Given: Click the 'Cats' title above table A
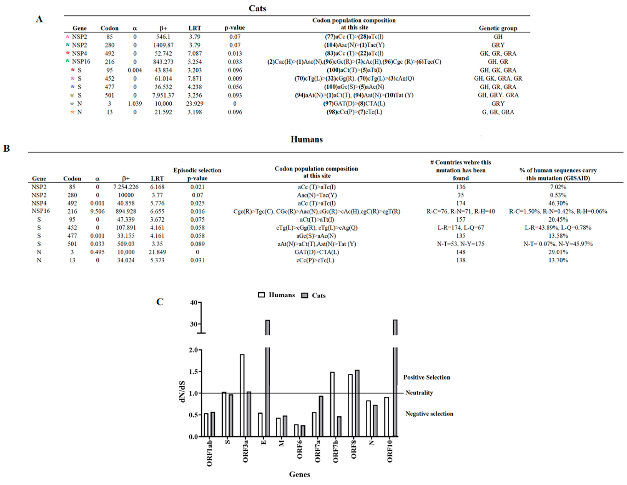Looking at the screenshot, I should coord(257,8).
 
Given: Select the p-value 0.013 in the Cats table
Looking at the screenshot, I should coord(235,53).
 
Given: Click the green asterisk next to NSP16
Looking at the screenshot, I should coord(67,61).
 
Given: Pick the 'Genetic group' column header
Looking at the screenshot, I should coord(498,28).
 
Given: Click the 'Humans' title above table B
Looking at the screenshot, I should coord(307,140).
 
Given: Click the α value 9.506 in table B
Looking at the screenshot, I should coord(97,211).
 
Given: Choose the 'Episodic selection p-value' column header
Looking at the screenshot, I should coord(197,174).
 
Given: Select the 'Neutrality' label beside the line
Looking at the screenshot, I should coord(419,393).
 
